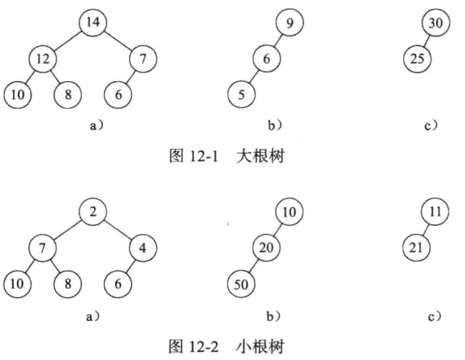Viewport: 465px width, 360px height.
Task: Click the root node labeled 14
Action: [93, 22]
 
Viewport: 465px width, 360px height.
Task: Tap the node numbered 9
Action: [290, 23]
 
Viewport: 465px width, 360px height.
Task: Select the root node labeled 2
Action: [93, 212]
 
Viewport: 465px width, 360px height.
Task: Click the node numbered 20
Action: [267, 248]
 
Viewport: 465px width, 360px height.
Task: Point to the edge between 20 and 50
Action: [254, 265]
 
